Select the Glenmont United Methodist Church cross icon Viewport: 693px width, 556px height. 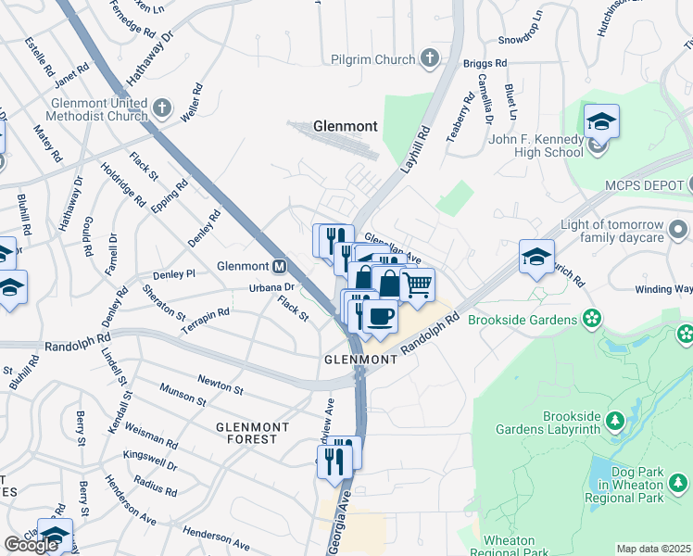(x=161, y=107)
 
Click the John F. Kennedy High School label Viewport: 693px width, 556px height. (x=523, y=146)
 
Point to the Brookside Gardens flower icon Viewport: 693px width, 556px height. (x=591, y=320)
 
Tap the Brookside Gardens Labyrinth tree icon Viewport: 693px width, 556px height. (x=613, y=423)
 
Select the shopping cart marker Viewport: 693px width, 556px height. (x=418, y=284)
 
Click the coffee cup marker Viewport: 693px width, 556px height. (x=379, y=316)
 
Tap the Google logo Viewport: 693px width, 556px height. (x=31, y=544)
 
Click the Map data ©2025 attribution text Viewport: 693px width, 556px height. (x=653, y=549)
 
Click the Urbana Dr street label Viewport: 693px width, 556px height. (x=246, y=288)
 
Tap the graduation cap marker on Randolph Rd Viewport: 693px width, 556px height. (x=536, y=257)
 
